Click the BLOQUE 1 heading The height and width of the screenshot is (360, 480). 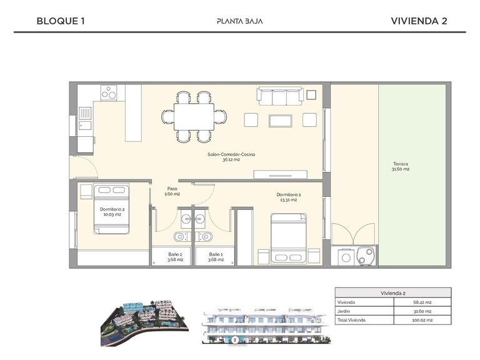(x=61, y=21)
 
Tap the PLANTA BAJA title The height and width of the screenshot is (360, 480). (x=239, y=21)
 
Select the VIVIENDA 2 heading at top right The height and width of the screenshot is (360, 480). (x=418, y=21)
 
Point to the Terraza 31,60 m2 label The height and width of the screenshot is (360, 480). (x=401, y=166)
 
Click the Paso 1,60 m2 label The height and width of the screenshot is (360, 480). (x=172, y=191)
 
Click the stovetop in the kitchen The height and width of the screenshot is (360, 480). (x=110, y=93)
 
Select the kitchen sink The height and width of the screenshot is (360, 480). (x=85, y=117)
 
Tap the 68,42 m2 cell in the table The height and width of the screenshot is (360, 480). (x=422, y=302)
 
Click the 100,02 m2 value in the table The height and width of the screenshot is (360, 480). (x=422, y=319)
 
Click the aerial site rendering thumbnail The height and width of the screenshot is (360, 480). (x=144, y=322)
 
